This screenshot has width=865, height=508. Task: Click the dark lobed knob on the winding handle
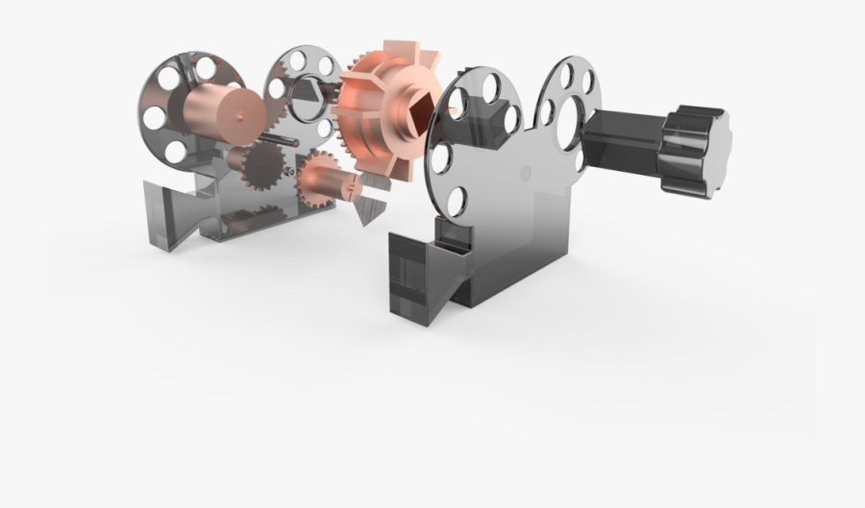(x=694, y=150)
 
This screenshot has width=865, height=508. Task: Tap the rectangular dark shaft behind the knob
(x=623, y=144)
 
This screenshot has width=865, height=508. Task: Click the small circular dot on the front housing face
(x=524, y=174)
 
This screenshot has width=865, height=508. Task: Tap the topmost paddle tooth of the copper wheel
(x=395, y=55)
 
